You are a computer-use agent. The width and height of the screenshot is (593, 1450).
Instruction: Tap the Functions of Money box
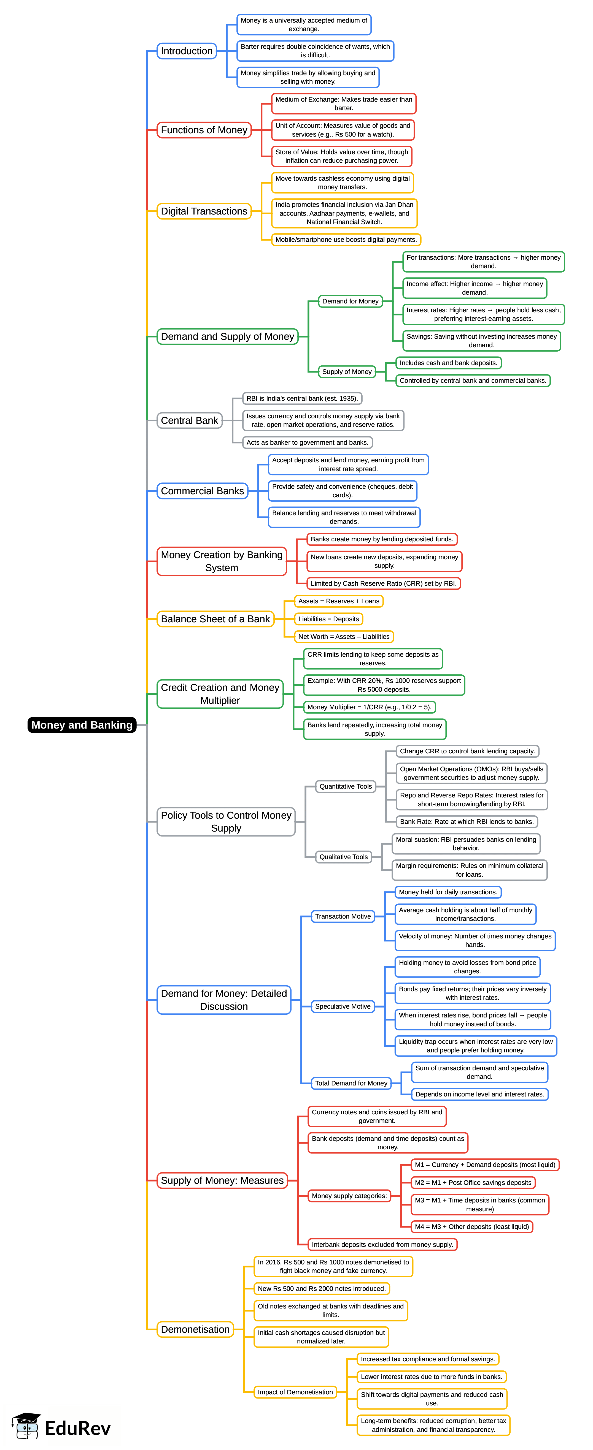coord(204,130)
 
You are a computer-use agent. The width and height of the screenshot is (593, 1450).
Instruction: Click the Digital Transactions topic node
coord(204,211)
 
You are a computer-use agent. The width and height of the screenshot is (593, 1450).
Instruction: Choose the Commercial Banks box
coord(202,491)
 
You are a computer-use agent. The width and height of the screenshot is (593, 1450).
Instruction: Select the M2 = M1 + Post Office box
coord(473,1183)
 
